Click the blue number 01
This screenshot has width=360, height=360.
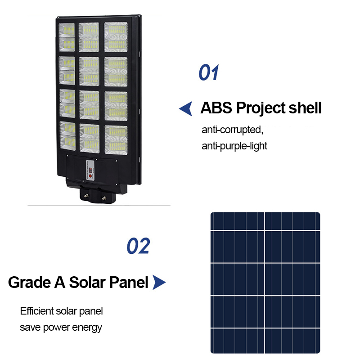(208, 72)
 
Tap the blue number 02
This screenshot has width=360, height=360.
(138, 246)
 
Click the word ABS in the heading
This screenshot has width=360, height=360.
(216, 108)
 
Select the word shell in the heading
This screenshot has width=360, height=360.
(305, 108)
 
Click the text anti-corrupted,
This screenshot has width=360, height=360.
(232, 130)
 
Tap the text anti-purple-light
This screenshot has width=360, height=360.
(234, 146)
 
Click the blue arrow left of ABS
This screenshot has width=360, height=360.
(185, 108)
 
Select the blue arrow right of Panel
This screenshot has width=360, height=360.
(159, 282)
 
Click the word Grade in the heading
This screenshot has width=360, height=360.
(29, 283)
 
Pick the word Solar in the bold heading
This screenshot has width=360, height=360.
(87, 283)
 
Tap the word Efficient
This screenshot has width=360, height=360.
(37, 311)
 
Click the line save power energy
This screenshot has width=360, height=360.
(61, 328)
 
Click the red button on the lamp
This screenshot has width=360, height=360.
(90, 176)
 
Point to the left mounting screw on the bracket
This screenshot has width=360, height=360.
(86, 195)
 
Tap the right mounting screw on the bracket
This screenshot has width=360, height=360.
(104, 198)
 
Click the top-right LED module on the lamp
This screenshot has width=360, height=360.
(116, 37)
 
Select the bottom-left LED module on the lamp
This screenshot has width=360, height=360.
(68, 136)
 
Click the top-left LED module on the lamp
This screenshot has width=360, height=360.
(67, 37)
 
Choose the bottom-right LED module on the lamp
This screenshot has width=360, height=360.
(116, 140)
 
